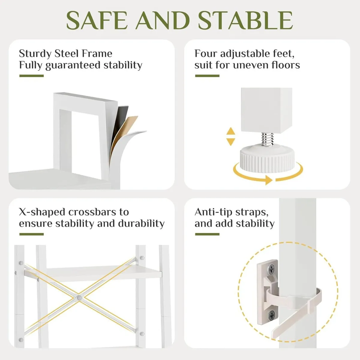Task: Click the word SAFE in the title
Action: (97, 20)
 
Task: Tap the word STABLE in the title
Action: (245, 20)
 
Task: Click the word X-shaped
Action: (42, 212)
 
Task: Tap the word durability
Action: (141, 223)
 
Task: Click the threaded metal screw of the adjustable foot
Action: (267, 139)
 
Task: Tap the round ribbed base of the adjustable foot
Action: (267, 159)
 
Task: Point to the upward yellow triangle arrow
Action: (231, 131)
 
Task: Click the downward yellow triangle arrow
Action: (231, 142)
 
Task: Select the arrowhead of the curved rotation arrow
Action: (269, 180)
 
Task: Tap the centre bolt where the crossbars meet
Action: (79, 298)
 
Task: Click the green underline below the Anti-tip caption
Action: (207, 234)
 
